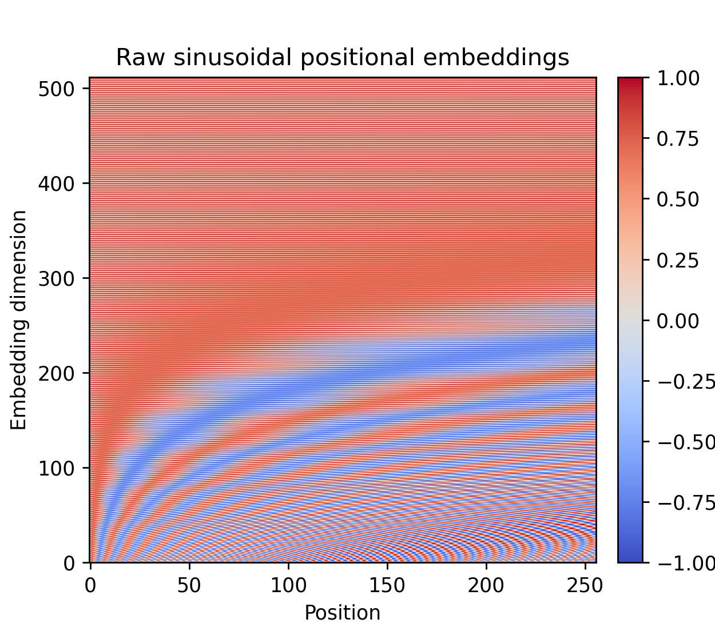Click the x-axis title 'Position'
[x=342, y=613]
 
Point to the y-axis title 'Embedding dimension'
[x=19, y=320]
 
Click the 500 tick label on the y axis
[x=57, y=89]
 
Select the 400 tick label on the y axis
[x=57, y=183]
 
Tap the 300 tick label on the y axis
[x=57, y=278]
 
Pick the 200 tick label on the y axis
[x=57, y=373]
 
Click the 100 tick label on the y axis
[x=57, y=468]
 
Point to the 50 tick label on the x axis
[x=189, y=586]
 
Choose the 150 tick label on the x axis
[x=387, y=586]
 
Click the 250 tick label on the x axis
[x=585, y=586]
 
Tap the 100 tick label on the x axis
[x=288, y=586]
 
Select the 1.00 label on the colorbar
[x=678, y=78]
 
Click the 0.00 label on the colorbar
[x=678, y=321]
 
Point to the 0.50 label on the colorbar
[x=678, y=199]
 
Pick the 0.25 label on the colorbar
[x=678, y=260]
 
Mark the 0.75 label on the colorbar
[x=678, y=139]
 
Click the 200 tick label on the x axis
[x=486, y=586]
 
